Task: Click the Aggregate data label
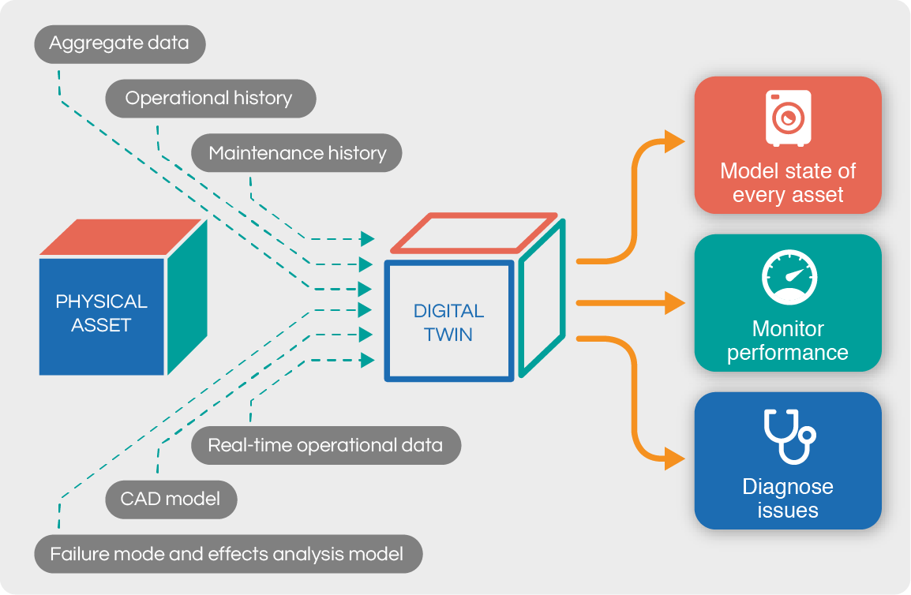point(119,43)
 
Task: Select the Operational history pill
point(209,99)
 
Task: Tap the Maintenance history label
point(298,153)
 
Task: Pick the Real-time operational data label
point(325,445)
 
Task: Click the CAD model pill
point(171,500)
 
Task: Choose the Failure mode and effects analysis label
point(227,554)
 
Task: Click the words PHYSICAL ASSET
point(101,313)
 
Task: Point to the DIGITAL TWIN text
point(448,322)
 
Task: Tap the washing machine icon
point(787,118)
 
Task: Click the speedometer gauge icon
point(788,277)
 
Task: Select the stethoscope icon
point(788,436)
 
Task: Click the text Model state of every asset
point(788,183)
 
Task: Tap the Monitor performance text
point(788,340)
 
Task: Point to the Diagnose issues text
point(788,498)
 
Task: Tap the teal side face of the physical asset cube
point(187,296)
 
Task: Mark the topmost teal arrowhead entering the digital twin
point(367,238)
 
